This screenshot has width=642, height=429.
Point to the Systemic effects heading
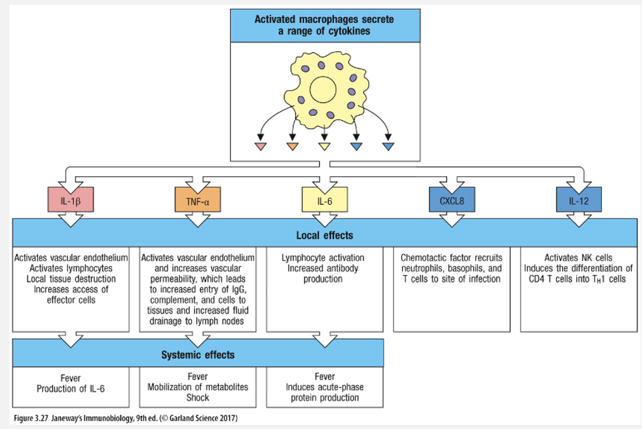click(198, 355)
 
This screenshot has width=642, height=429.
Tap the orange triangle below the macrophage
click(292, 146)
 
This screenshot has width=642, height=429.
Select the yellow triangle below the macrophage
click(324, 146)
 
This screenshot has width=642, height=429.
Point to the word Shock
click(198, 397)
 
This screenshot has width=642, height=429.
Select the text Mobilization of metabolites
click(198, 387)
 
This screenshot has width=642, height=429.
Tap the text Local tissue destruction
click(71, 278)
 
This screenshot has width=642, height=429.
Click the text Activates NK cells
click(578, 257)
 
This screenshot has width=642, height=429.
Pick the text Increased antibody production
click(324, 273)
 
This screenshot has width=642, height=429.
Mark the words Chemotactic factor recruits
click(451, 257)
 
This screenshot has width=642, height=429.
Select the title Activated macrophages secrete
click(324, 19)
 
